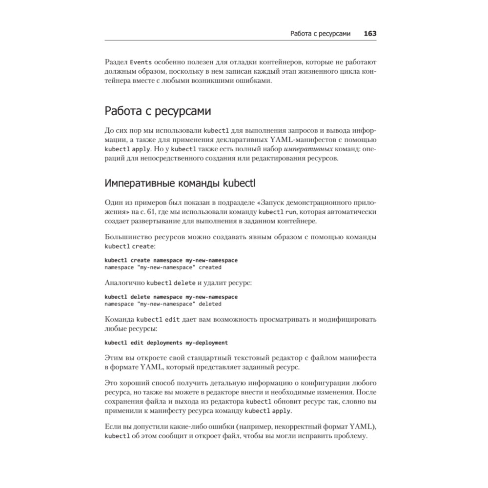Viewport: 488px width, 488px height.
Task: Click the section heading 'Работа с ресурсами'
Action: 158,111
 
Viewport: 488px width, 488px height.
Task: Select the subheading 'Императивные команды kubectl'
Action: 180,183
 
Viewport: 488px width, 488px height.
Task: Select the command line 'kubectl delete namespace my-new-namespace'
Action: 171,297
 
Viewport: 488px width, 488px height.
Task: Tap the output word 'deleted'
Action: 210,304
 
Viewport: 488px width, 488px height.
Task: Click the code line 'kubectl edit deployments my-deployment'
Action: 166,343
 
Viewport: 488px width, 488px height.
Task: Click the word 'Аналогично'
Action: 125,283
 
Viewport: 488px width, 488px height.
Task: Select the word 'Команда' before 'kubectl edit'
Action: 120,320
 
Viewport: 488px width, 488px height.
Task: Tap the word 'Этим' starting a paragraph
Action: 114,358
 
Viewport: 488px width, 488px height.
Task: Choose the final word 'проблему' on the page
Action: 350,435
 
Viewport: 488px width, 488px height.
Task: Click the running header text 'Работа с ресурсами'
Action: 320,34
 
